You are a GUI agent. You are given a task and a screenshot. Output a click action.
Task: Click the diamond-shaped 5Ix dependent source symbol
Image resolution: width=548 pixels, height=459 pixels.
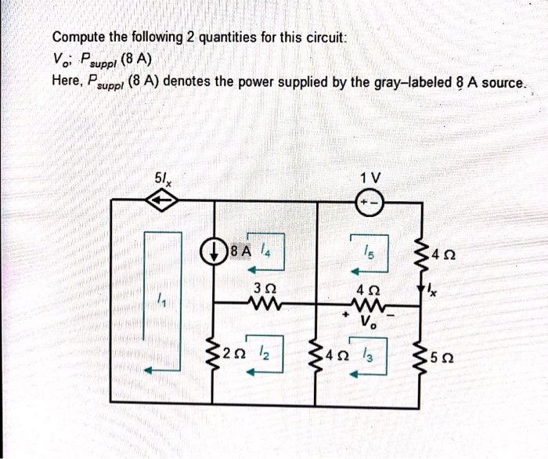click(162, 201)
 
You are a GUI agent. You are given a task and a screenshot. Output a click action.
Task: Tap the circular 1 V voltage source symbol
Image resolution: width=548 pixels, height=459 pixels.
click(367, 201)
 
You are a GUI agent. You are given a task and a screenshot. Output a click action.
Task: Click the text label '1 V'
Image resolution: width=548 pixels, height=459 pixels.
click(368, 177)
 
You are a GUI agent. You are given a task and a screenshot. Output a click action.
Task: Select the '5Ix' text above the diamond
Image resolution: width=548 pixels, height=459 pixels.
click(164, 178)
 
